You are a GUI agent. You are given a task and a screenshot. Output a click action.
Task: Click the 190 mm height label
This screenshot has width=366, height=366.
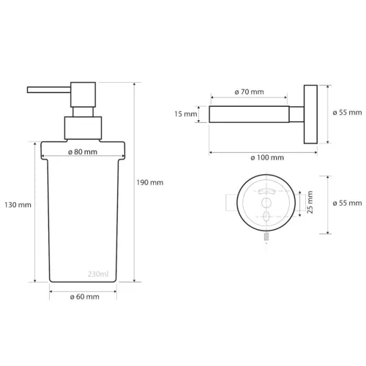pyautogui.click(x=151, y=182)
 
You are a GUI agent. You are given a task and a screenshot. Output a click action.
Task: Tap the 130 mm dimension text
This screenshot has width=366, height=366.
pyautogui.click(x=17, y=205)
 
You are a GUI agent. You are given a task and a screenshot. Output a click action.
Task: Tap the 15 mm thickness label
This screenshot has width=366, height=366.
pyautogui.click(x=186, y=115)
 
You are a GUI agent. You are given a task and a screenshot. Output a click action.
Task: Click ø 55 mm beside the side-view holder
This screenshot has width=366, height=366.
pyautogui.click(x=345, y=113)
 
